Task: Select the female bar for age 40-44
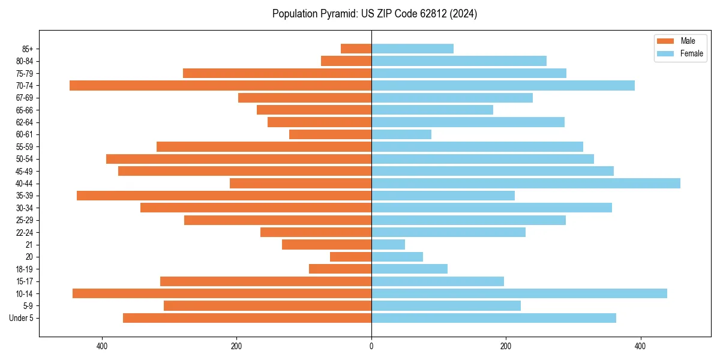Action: (526, 184)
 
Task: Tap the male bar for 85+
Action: (356, 49)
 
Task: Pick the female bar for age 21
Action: (388, 245)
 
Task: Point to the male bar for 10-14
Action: (222, 293)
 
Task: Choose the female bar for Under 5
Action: (493, 318)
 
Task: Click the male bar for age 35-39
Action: (224, 196)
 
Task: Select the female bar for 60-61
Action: (401, 134)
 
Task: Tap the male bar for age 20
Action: (350, 257)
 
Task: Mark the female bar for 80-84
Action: (459, 61)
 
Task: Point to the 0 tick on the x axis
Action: (371, 346)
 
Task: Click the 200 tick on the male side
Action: (236, 346)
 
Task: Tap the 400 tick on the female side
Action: (640, 346)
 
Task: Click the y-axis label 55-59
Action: (25, 147)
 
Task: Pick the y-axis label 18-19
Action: (25, 269)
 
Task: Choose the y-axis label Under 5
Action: (21, 318)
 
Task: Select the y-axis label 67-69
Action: (25, 98)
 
